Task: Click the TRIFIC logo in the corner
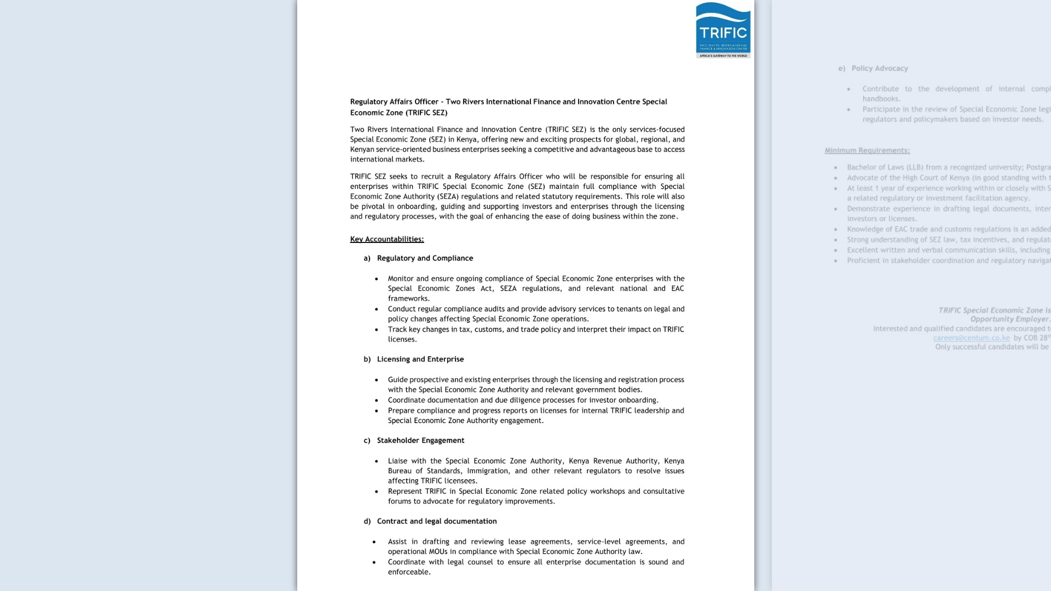pyautogui.click(x=723, y=30)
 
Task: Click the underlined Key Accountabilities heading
pyautogui.click(x=386, y=239)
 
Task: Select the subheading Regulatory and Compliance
pyautogui.click(x=425, y=258)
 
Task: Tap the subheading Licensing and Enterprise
pyautogui.click(x=420, y=359)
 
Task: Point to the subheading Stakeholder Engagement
pyautogui.click(x=420, y=441)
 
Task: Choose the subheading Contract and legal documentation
pyautogui.click(x=436, y=522)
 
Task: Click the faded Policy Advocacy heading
pyautogui.click(x=879, y=68)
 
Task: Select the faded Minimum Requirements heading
pyautogui.click(x=867, y=150)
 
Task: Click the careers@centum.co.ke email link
pyautogui.click(x=971, y=338)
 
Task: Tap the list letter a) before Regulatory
pyautogui.click(x=367, y=258)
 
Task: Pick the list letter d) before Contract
pyautogui.click(x=367, y=522)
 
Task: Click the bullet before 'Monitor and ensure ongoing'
pyautogui.click(x=377, y=279)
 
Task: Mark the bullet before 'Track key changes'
pyautogui.click(x=377, y=330)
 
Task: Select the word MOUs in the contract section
pyautogui.click(x=438, y=552)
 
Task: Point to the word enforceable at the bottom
pyautogui.click(x=409, y=572)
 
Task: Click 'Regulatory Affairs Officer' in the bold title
pyautogui.click(x=394, y=102)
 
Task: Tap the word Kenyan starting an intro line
pyautogui.click(x=362, y=149)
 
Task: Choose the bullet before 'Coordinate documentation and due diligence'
pyautogui.click(x=377, y=401)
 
